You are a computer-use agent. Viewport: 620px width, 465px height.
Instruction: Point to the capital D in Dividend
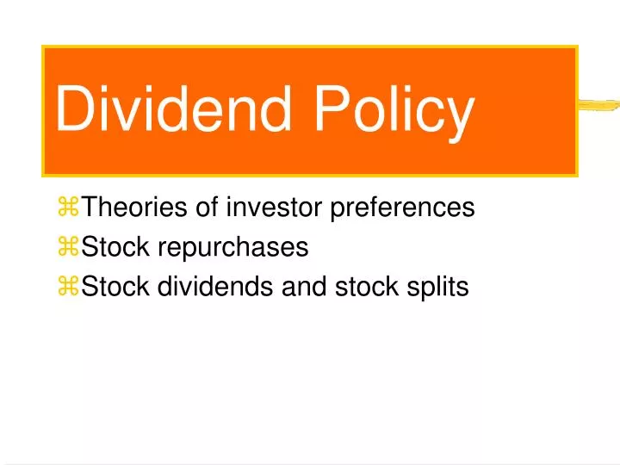pos(74,110)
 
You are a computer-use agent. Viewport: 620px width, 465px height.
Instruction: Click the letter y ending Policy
pos(460,119)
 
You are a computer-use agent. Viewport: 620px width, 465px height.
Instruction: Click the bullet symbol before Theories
pos(68,208)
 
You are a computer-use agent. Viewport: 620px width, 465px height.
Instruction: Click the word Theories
pos(137,208)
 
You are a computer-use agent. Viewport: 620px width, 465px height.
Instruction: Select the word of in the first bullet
pos(212,208)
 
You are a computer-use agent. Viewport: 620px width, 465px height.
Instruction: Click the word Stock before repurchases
pos(115,248)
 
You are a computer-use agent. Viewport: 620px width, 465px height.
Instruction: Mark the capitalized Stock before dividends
pos(115,288)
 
